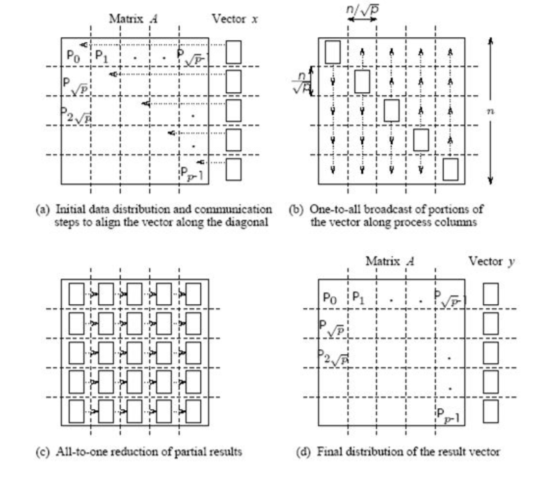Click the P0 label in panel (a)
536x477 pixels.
point(73,56)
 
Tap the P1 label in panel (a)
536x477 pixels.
point(101,56)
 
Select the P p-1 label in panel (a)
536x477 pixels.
point(192,174)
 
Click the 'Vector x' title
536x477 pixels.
point(235,19)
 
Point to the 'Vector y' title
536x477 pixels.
point(491,262)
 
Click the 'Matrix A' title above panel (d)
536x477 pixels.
point(390,262)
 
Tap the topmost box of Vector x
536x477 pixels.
point(234,52)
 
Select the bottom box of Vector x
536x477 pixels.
point(234,169)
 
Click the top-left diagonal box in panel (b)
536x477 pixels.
point(333,52)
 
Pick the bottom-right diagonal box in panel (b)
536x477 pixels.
point(451,169)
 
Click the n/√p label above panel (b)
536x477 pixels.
point(362,9)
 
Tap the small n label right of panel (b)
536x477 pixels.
point(490,111)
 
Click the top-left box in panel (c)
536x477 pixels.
point(76,294)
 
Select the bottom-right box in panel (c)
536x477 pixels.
point(193,411)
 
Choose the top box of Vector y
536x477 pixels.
point(491,294)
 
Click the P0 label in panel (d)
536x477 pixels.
point(330,298)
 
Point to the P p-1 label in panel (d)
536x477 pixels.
point(448,416)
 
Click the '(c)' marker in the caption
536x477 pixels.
point(42,451)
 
